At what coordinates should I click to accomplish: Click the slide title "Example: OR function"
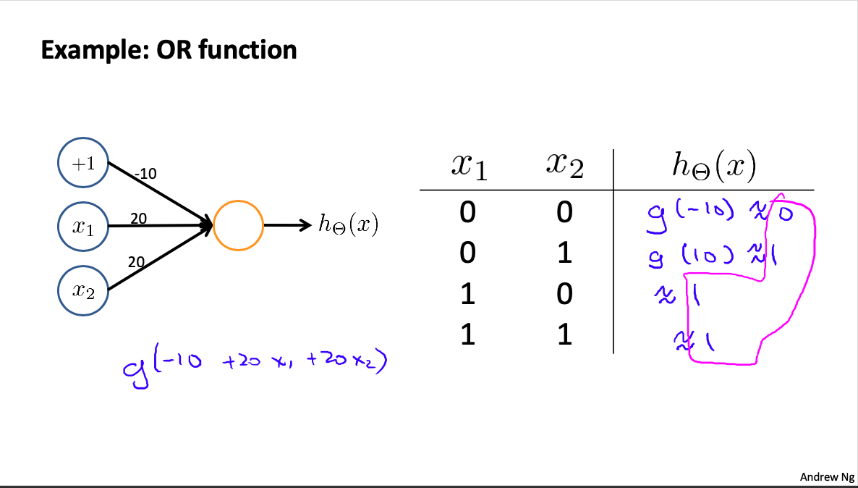point(169,50)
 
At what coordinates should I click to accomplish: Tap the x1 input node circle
point(83,226)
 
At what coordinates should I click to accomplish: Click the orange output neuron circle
point(239,225)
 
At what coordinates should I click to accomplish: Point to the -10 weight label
point(145,174)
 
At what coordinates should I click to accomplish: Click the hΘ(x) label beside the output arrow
point(348,225)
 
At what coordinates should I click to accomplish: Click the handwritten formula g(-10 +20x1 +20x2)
point(254,362)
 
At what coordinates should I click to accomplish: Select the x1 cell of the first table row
point(469,212)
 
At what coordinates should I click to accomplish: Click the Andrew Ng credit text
point(826,476)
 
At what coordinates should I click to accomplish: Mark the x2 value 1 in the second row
point(564,253)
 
